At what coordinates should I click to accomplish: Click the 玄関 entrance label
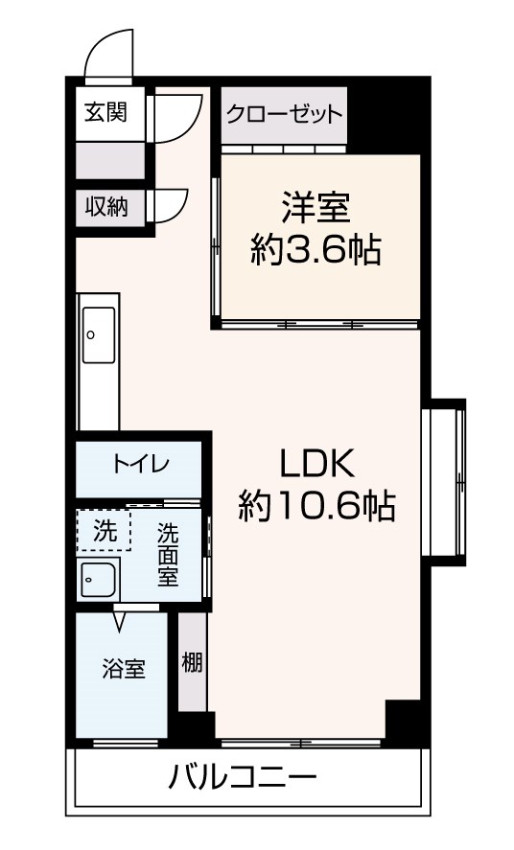(105, 111)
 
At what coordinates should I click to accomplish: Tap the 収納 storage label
(105, 205)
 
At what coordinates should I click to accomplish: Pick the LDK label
(316, 464)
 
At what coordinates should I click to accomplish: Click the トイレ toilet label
(140, 466)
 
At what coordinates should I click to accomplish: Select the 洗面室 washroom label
(169, 555)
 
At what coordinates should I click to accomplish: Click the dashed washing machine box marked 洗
(103, 531)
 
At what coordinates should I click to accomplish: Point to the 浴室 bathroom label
(124, 668)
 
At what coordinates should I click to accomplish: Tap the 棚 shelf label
(192, 661)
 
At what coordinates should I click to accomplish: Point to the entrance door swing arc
(108, 57)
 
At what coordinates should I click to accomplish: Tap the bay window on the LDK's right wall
(447, 479)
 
